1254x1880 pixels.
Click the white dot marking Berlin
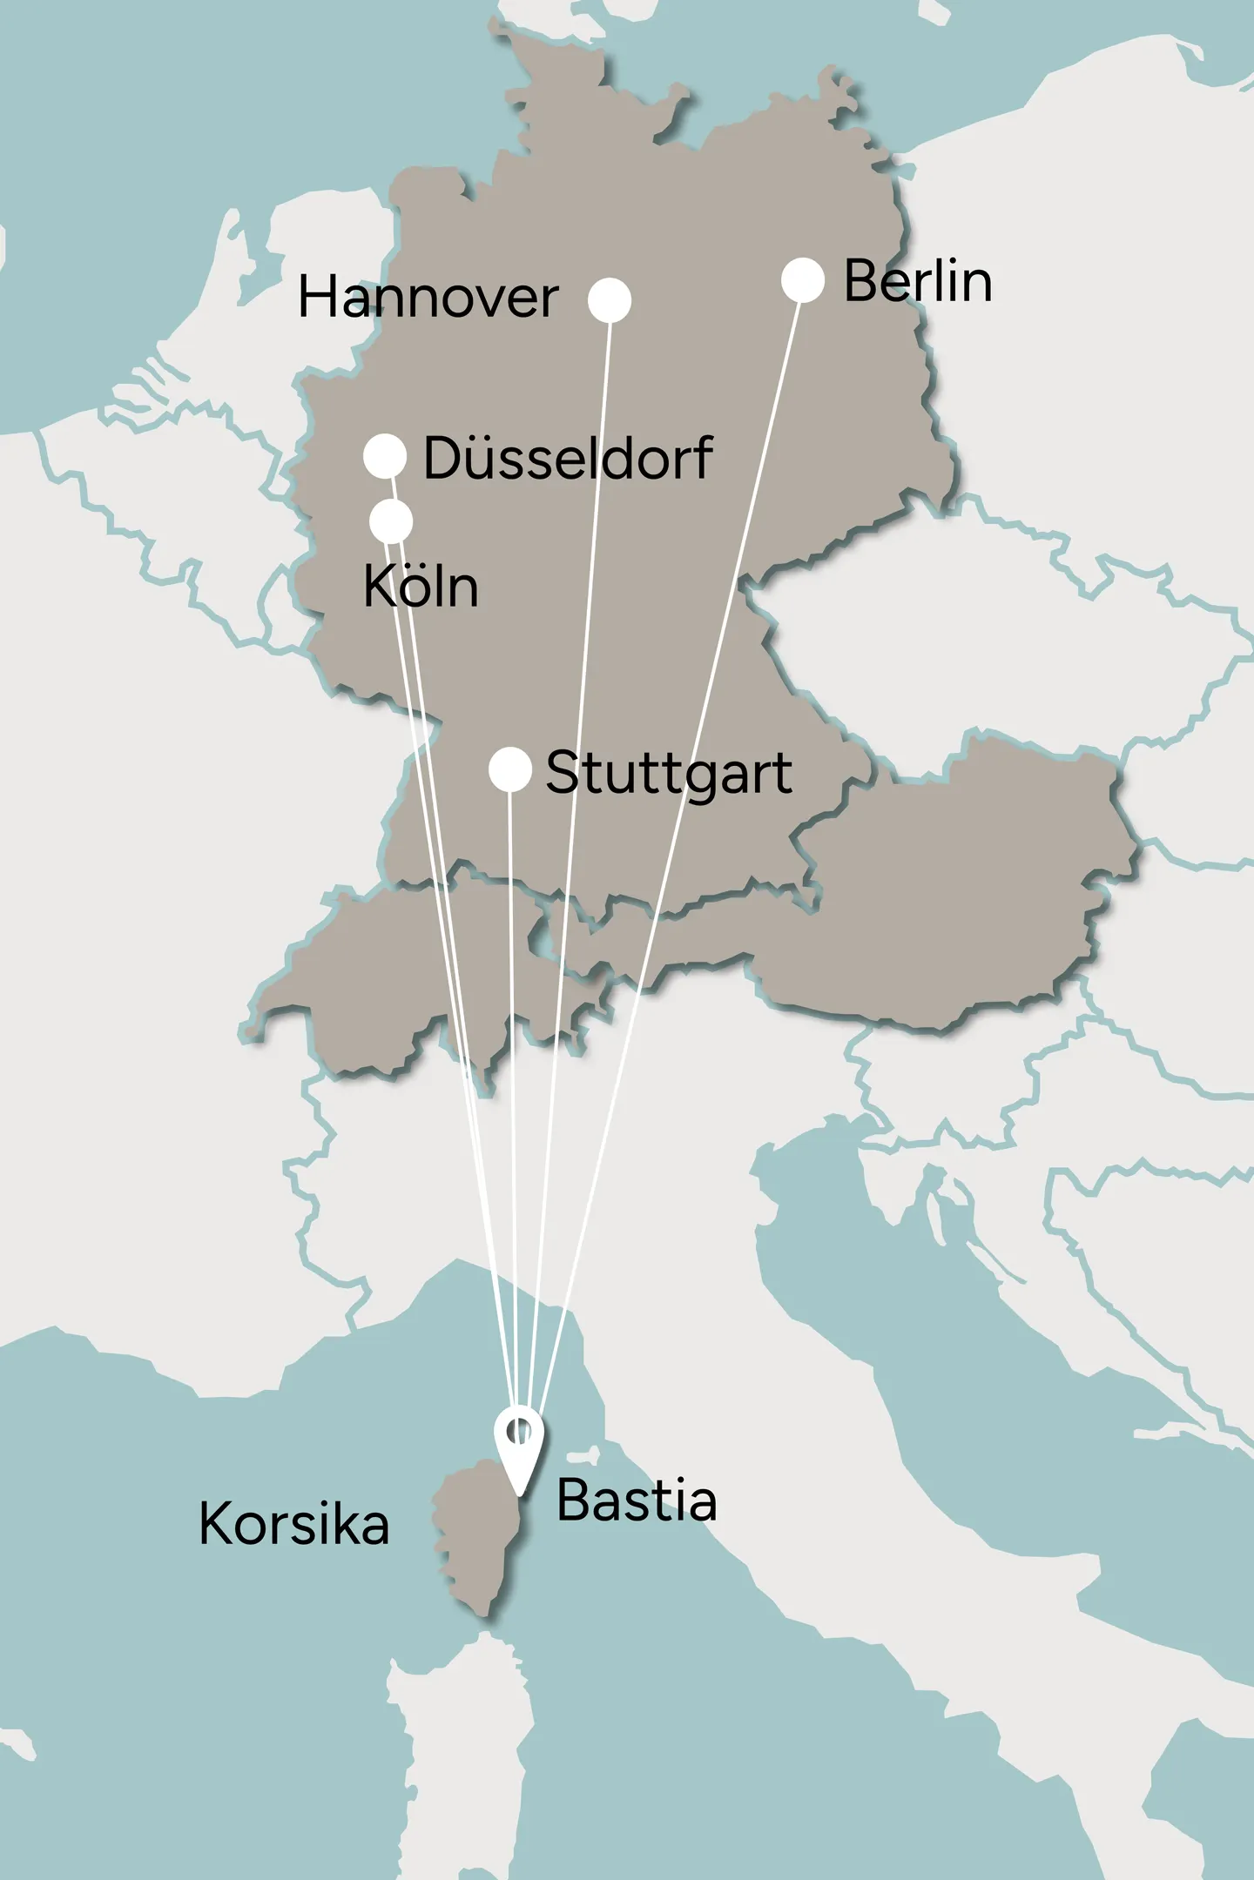(x=802, y=280)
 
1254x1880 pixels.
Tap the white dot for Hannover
(x=609, y=300)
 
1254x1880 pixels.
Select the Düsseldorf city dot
(x=384, y=456)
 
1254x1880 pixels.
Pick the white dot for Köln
(x=391, y=521)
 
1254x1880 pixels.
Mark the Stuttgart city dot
(x=509, y=769)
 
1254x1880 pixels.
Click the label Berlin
(x=917, y=282)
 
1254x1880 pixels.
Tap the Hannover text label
(x=428, y=299)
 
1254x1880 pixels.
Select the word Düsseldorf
(x=567, y=459)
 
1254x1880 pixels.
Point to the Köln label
(x=421, y=587)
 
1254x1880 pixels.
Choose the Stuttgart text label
(x=668, y=774)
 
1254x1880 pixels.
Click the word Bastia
(x=636, y=1501)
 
